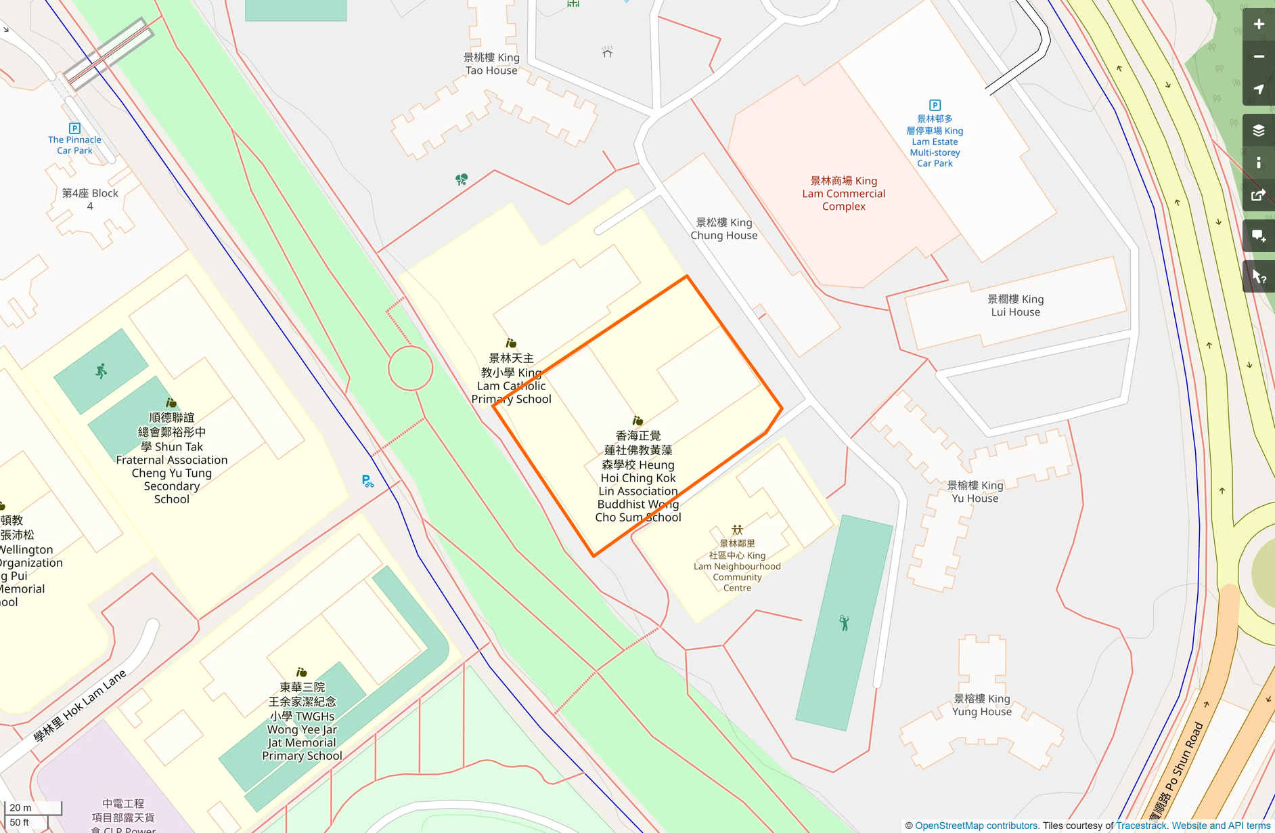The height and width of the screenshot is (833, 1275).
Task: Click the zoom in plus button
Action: tap(1258, 24)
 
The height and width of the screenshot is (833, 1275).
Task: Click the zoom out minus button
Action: tap(1258, 57)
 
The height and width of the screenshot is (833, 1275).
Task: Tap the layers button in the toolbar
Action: tap(1258, 130)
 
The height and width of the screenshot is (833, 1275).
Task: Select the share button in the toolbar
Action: tap(1258, 196)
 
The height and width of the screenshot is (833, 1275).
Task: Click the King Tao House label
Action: tap(491, 64)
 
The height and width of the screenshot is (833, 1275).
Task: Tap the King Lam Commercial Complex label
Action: tap(843, 194)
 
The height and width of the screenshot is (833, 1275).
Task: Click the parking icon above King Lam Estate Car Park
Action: tap(935, 105)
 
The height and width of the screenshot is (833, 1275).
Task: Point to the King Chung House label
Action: tap(723, 229)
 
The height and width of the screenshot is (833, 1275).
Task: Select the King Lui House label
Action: tap(1015, 305)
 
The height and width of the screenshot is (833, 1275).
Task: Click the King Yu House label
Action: tap(975, 492)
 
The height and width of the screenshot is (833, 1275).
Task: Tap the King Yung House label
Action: tap(981, 705)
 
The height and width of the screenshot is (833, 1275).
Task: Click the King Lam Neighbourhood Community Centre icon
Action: tap(737, 530)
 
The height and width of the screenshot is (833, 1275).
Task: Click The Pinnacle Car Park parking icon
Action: tap(74, 128)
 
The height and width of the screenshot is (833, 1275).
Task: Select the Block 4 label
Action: tap(90, 199)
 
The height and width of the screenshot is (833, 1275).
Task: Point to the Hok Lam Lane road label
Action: tap(80, 706)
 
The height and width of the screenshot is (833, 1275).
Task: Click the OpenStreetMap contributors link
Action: tap(976, 826)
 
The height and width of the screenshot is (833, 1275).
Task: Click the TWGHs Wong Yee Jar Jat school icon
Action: tap(302, 672)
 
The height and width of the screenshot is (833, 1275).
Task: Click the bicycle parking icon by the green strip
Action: tap(367, 481)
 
